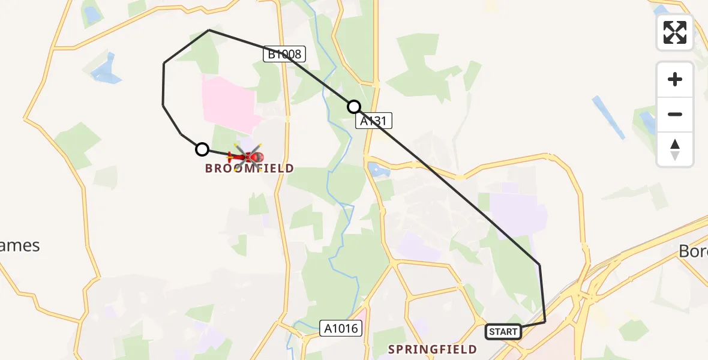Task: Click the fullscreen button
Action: click(x=675, y=32)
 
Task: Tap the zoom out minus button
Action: click(x=675, y=114)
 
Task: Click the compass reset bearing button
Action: click(x=675, y=149)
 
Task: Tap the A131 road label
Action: click(x=374, y=121)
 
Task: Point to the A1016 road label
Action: click(x=341, y=328)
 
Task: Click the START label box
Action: click(x=503, y=332)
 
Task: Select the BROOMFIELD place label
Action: click(x=250, y=169)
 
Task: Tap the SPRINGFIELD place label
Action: click(x=432, y=349)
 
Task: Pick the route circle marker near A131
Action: click(x=354, y=107)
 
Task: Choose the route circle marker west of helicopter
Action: click(x=202, y=149)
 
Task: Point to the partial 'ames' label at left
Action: click(x=20, y=245)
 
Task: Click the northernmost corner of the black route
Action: click(x=209, y=30)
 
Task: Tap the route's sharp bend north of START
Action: click(x=539, y=265)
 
